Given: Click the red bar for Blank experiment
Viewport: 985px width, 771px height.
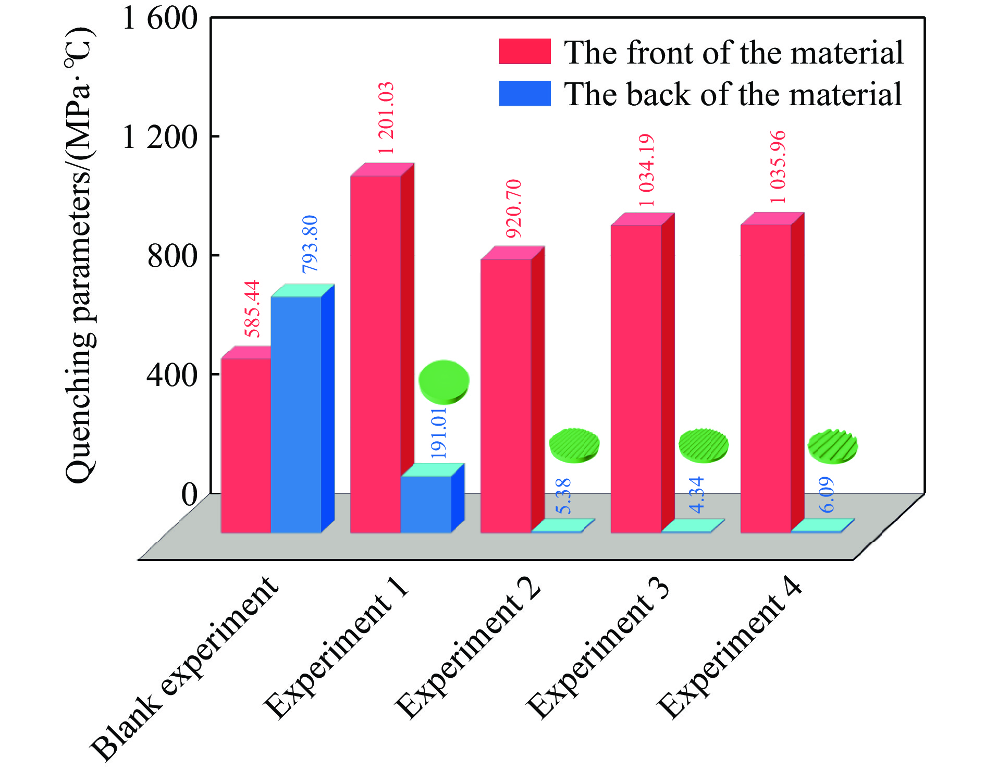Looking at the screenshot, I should pyautogui.click(x=245, y=445).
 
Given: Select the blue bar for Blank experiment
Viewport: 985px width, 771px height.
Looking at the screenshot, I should pyautogui.click(x=296, y=414).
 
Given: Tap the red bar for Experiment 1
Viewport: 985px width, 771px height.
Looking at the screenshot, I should pyautogui.click(x=376, y=354).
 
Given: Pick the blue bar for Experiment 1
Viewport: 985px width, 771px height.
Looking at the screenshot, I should pyautogui.click(x=426, y=504).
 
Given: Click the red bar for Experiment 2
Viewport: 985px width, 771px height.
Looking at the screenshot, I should pyautogui.click(x=506, y=396).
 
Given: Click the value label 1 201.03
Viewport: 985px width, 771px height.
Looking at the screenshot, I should pyautogui.click(x=386, y=118).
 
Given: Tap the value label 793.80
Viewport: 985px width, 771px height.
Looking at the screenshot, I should pyautogui.click(x=310, y=244).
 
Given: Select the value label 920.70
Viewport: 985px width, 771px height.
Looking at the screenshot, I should pyautogui.click(x=514, y=208).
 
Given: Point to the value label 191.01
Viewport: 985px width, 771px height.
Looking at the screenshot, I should pyautogui.click(x=438, y=433).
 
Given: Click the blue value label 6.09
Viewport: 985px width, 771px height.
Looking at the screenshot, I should pyautogui.click(x=827, y=495).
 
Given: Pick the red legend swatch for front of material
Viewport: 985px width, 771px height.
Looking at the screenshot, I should pyautogui.click(x=524, y=52).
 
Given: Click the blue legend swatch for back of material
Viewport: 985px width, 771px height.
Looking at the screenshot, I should pyautogui.click(x=524, y=94).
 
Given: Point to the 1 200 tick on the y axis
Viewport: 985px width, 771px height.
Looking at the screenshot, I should pyautogui.click(x=159, y=137).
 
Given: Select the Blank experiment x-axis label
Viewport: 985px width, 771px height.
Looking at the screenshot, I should pyautogui.click(x=185, y=669).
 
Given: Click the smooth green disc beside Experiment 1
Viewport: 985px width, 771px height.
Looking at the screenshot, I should pyautogui.click(x=444, y=382).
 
